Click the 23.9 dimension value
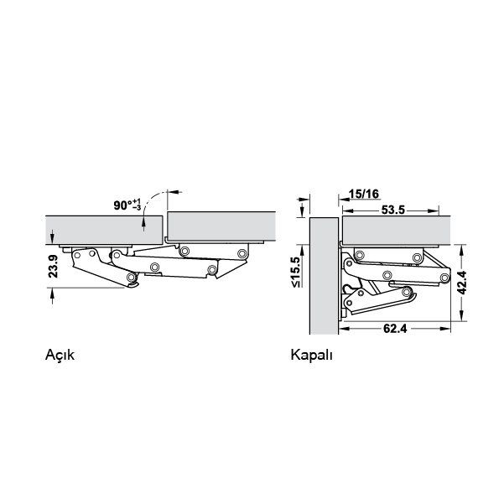[x=53, y=266]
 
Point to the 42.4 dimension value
[x=462, y=283]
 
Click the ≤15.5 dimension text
[x=295, y=272]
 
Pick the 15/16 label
[x=364, y=194]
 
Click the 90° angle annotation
[x=127, y=205]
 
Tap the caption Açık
[x=60, y=356]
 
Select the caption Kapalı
[x=311, y=356]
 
